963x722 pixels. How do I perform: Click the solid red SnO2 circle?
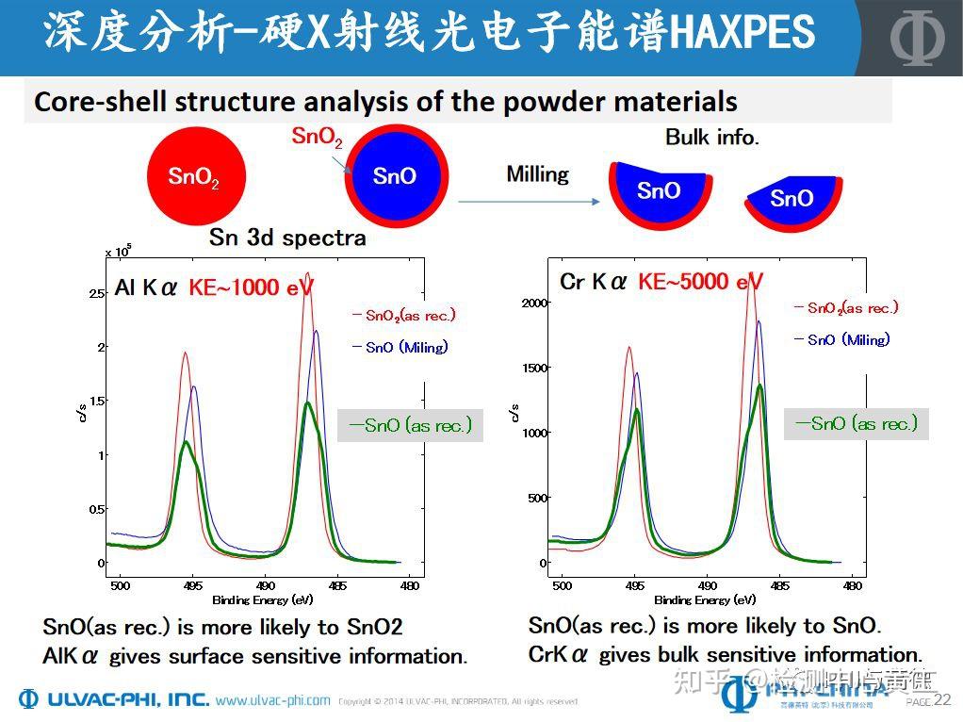[195, 176]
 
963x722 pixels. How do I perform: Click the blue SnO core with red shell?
[394, 176]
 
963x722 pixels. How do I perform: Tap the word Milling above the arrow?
[537, 174]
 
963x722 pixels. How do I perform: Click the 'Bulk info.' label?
[711, 138]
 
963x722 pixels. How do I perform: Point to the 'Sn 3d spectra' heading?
[286, 237]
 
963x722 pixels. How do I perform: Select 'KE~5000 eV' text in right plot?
[700, 282]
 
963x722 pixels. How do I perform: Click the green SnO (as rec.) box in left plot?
[410, 425]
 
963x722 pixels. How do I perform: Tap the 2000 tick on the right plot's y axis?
[533, 303]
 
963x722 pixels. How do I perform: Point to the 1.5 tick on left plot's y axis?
[96, 401]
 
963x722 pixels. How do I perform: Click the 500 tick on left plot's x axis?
[120, 585]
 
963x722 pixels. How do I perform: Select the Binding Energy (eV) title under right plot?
[704, 599]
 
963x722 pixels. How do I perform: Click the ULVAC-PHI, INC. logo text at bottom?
[113, 699]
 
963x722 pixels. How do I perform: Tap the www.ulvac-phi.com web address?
[272, 700]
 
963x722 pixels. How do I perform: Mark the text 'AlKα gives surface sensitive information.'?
[254, 656]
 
